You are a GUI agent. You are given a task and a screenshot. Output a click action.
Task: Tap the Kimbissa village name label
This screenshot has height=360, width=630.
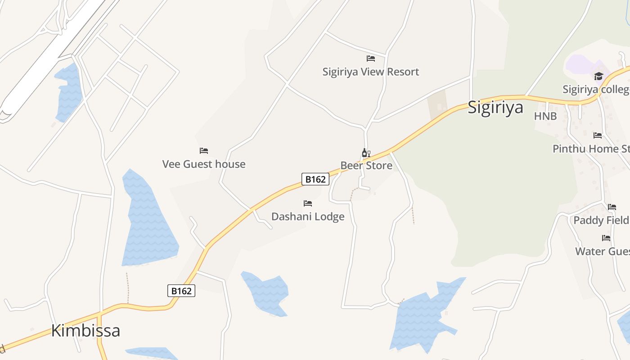(85, 331)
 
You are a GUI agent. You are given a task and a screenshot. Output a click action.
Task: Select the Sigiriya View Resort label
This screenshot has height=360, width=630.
(370, 72)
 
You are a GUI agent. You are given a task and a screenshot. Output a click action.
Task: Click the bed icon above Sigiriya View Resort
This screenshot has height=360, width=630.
(371, 58)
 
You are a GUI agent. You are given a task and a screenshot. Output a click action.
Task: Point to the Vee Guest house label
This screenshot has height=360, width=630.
(204, 164)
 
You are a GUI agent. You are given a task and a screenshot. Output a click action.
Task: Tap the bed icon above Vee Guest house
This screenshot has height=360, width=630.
(204, 151)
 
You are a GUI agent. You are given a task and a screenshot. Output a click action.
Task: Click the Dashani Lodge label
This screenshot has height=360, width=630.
(308, 217)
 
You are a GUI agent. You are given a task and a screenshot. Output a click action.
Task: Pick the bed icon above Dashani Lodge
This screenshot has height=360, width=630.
(308, 204)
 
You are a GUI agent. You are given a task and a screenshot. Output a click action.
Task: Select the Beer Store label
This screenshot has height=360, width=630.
(366, 166)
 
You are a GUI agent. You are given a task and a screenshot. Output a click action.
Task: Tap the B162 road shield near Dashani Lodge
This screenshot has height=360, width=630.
(315, 180)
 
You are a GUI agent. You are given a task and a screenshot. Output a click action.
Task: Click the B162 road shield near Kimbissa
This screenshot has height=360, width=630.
(181, 291)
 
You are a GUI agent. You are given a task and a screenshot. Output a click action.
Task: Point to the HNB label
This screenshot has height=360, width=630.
(545, 117)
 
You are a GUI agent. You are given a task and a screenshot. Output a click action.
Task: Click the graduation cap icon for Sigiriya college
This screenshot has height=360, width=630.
(598, 76)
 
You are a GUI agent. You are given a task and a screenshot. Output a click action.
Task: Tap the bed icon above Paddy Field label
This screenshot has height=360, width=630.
(612, 207)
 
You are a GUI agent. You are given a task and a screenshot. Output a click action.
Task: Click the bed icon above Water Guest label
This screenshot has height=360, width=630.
(606, 238)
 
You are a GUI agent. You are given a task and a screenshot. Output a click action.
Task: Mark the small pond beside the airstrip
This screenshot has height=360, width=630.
(69, 92)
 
